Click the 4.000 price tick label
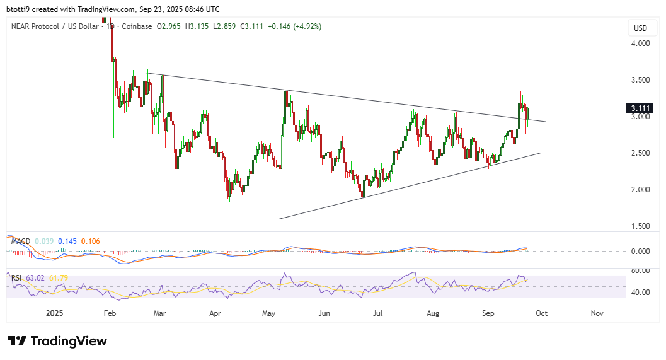point(641,44)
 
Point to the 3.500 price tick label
point(641,80)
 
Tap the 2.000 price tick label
point(641,190)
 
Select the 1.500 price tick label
point(641,226)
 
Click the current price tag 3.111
point(641,108)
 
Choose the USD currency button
point(640,28)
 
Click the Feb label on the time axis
point(110,313)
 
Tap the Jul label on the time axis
point(378,313)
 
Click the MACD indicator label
point(21,241)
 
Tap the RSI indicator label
point(18,277)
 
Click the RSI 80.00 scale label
point(641,271)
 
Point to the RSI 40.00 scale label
point(641,293)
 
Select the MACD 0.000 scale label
point(641,251)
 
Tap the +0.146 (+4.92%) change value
point(294,26)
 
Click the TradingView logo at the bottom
point(58,341)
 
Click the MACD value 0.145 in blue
point(68,241)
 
